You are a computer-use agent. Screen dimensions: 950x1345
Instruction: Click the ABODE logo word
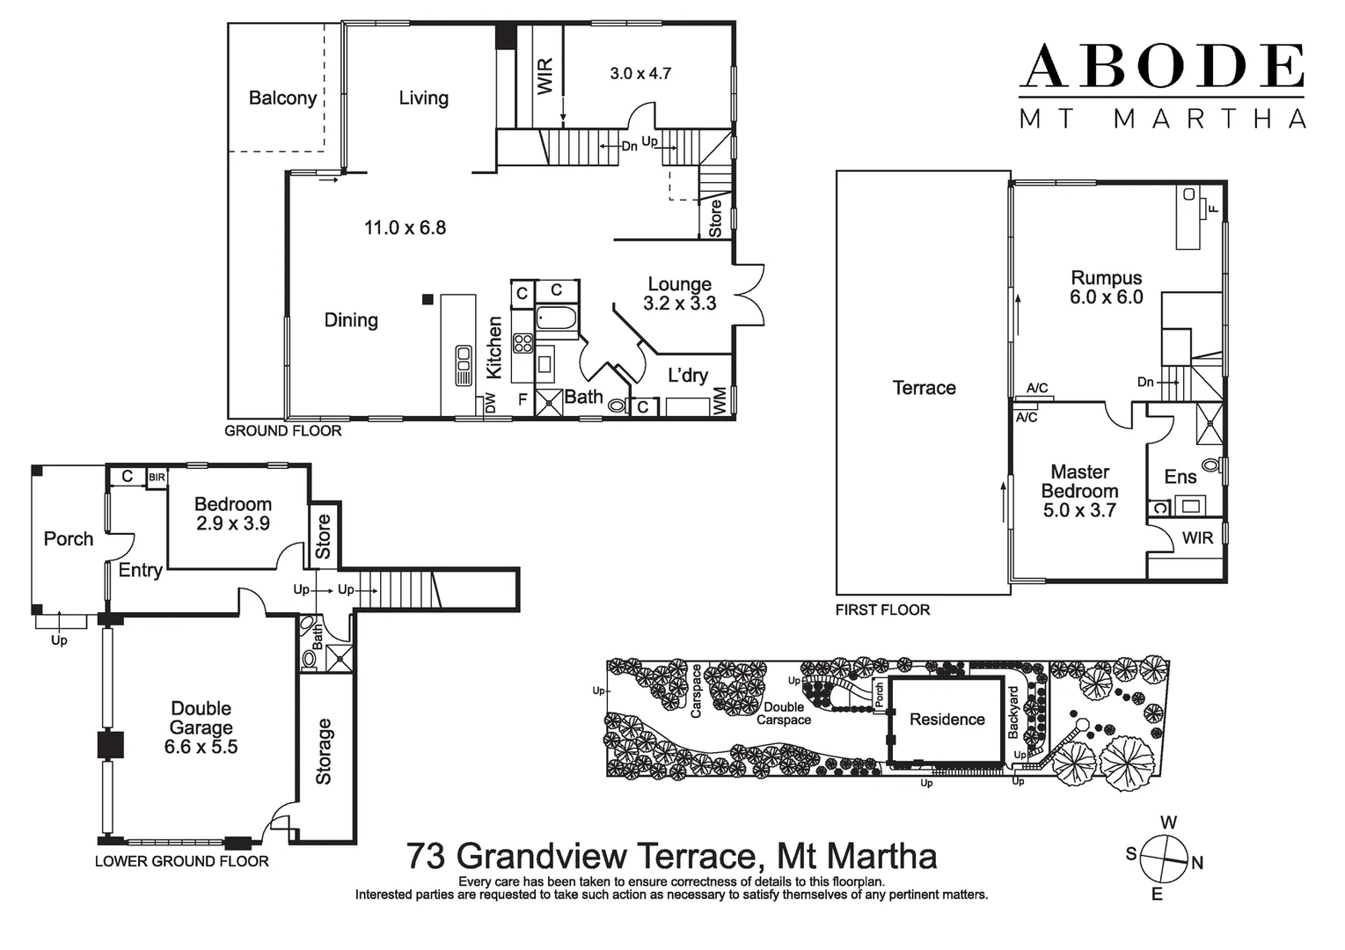pos(1161,66)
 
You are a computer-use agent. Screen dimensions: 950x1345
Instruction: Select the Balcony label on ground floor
pos(282,98)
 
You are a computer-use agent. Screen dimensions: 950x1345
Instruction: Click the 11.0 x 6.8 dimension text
pos(405,228)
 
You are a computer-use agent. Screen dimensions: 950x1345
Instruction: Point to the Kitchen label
pos(494,348)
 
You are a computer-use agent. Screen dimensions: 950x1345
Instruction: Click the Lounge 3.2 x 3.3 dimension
pos(679,304)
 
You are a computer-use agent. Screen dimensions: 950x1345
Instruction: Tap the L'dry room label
pos(687,376)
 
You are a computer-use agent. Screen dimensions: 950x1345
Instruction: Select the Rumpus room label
pos(1106,278)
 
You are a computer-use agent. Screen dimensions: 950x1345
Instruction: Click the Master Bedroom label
pos(1079,481)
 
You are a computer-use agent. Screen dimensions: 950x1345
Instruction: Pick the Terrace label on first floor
pos(924,388)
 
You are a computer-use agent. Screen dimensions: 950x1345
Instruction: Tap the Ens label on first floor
pos(1180,477)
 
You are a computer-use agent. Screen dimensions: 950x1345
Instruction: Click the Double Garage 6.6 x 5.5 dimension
pos(201,747)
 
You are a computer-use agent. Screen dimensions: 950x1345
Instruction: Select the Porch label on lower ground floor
pos(68,538)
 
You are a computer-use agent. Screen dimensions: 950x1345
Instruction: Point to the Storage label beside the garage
pos(324,751)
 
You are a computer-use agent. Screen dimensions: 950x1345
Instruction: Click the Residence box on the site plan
pos(947,720)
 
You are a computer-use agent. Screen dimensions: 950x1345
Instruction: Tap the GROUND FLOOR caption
pos(282,431)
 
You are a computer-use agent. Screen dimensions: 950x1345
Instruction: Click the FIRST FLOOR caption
pos(882,610)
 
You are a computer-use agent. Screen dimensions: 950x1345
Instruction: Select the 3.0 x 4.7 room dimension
pos(640,74)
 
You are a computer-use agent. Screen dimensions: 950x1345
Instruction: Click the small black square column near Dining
pos(428,300)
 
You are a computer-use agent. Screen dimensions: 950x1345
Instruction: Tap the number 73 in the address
pos(426,856)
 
